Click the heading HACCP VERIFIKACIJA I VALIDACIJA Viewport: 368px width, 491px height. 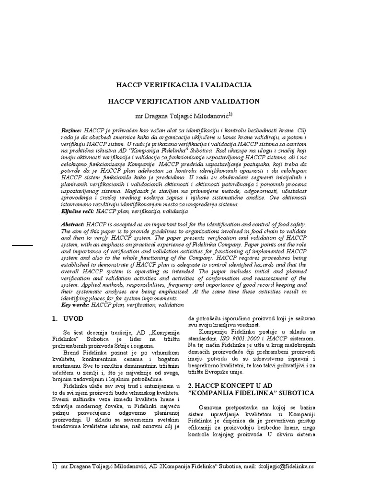coord(184,85)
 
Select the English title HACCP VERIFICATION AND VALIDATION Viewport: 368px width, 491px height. coord(184,101)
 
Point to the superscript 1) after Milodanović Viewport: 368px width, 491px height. coord(230,114)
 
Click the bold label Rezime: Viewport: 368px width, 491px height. coord(71,130)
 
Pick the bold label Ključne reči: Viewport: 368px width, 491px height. coord(78,211)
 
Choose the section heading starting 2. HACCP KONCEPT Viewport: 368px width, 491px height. coord(251,389)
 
